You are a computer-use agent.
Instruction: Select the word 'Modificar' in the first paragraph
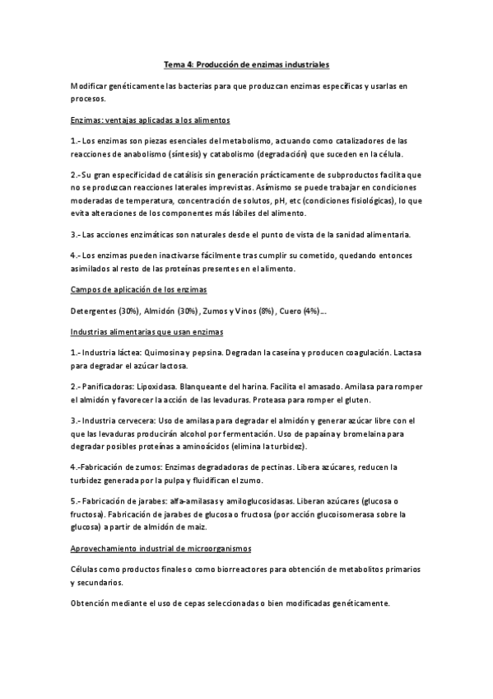click(x=89, y=86)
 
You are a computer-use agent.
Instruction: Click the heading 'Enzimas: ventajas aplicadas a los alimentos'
click(x=150, y=119)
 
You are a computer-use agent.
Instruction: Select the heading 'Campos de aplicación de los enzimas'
click(x=138, y=289)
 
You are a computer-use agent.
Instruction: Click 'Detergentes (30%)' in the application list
click(x=105, y=311)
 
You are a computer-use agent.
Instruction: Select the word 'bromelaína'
click(x=378, y=433)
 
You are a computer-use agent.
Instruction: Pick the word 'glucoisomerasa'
click(x=365, y=514)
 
